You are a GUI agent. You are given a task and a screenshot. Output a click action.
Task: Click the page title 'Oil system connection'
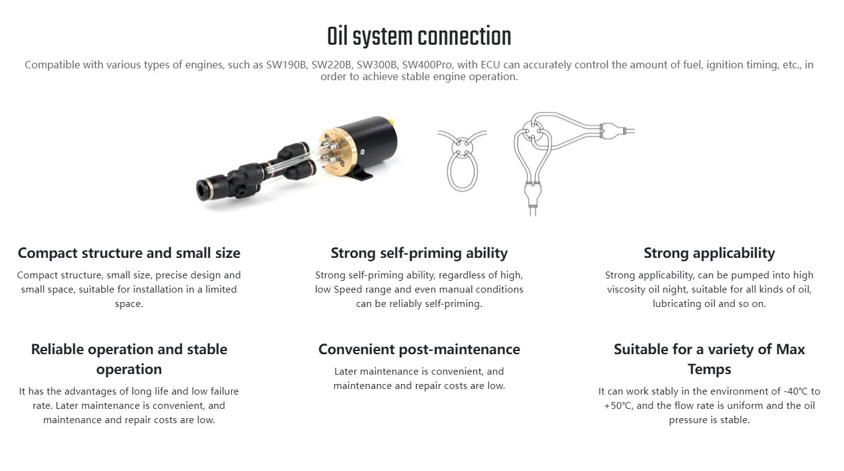tap(419, 37)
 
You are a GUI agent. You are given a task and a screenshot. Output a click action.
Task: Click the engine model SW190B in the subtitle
tap(286, 65)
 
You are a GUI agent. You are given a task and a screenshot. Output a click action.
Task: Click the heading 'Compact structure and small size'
tap(129, 253)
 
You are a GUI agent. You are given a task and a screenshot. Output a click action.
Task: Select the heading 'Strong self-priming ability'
tap(419, 253)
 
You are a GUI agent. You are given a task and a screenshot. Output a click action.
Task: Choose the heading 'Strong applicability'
tap(709, 253)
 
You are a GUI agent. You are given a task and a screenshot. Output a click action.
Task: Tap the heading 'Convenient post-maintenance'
tap(419, 349)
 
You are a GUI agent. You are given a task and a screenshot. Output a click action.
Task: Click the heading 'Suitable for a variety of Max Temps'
tap(709, 359)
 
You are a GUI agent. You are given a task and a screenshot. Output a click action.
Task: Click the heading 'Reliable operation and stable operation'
tap(129, 359)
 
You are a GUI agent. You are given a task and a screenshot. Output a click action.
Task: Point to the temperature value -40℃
tap(797, 391)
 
